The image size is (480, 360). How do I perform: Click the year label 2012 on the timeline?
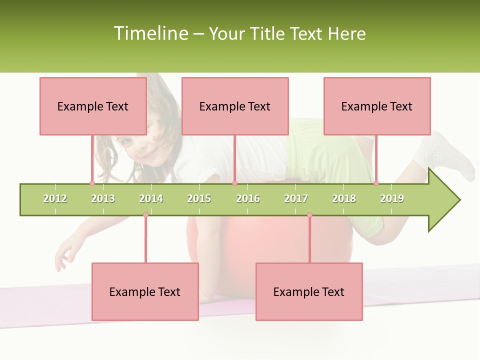tap(55, 198)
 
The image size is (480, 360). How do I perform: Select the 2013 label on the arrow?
tap(103, 198)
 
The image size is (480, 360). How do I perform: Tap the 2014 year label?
tap(151, 198)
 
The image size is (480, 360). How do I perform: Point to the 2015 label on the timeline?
tap(199, 198)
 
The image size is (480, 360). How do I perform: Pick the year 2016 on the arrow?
tap(248, 198)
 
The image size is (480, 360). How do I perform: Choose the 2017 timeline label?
tap(296, 198)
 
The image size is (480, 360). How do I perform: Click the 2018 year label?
tap(344, 198)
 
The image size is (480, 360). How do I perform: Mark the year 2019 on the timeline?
tap(392, 198)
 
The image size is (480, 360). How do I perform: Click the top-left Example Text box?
tap(93, 106)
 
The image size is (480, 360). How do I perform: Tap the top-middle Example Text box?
tap(235, 106)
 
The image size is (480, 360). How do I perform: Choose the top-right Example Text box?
tap(377, 106)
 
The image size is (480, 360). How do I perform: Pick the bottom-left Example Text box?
tap(145, 291)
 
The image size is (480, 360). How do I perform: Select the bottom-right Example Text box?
tap(309, 291)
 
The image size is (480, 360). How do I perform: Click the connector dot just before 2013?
tap(92, 183)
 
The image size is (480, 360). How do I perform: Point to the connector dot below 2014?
tap(145, 215)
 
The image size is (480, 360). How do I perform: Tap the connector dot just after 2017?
tap(309, 215)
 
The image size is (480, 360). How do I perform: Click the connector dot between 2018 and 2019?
tap(376, 183)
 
